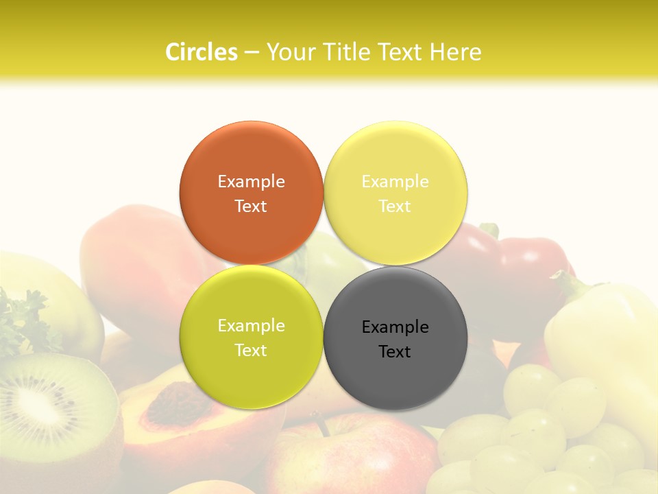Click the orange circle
(251, 193)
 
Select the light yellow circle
(395, 193)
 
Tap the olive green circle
(251, 337)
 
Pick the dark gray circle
(395, 338)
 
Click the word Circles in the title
(201, 52)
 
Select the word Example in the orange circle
(251, 181)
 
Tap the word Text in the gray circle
(395, 351)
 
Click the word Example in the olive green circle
(251, 325)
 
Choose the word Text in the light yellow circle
(395, 206)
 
